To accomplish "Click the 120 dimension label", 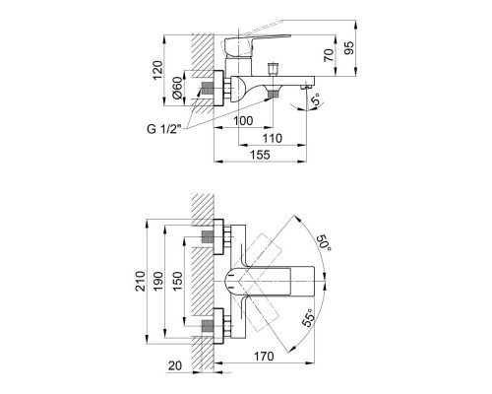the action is pos(157,70).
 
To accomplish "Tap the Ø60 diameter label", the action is pos(177,88).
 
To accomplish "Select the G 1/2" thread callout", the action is pos(164,129).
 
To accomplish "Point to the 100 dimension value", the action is pos(243,121).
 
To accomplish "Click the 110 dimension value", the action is pos(273,138).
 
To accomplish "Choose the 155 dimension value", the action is pos(260,155).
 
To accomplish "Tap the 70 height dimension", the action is pos(329,55).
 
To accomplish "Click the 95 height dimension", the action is pos(349,48).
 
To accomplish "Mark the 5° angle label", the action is pos(316,99).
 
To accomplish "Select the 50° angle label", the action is pos(324,243).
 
